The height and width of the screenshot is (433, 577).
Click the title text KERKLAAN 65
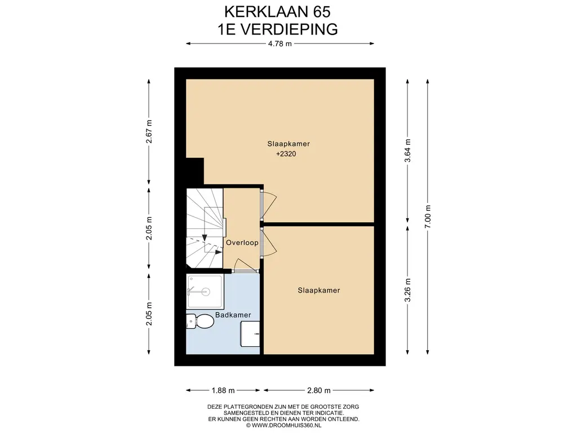pos(277,12)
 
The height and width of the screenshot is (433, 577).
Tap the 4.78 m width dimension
pos(279,43)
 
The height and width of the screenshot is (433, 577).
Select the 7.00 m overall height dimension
pos(428,216)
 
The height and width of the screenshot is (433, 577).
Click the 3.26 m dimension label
pos(407,290)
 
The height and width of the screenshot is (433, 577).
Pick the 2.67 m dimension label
pos(149,131)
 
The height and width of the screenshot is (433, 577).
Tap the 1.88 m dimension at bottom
pos(223,390)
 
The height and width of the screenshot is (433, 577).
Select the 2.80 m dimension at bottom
pos(319,390)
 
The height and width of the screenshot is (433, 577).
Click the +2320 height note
pos(286,154)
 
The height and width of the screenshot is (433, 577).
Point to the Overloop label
pos(242,242)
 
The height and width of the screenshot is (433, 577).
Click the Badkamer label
pos(233,315)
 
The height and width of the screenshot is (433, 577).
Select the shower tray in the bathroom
pos(205,291)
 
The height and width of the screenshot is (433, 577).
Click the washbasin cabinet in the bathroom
pos(250,334)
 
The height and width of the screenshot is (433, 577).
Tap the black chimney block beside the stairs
pos(194,171)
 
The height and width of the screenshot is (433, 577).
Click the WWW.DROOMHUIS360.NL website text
pos(283,425)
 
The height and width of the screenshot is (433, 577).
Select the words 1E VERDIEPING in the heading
pos(277,29)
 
